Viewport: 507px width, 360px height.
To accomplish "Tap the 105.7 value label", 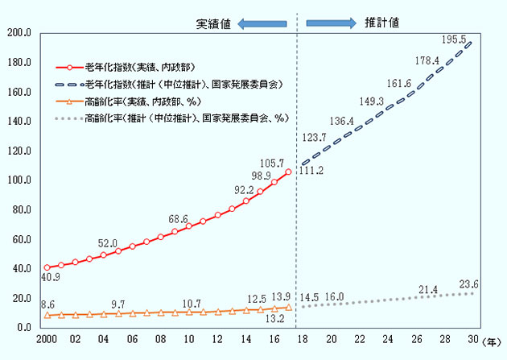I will [282, 163].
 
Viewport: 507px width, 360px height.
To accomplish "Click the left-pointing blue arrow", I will [265, 23].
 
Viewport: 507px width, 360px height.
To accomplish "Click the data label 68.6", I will [178, 218].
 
